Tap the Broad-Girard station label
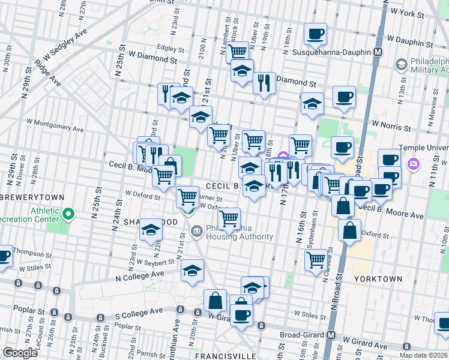tap(303, 335)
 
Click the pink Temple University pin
tap(412, 164)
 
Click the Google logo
tap(20, 353)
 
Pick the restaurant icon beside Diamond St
tap(264, 82)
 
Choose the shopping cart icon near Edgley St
tap(238, 52)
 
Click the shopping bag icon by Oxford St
tap(349, 229)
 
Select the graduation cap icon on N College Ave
tap(192, 271)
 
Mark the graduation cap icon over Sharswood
tap(151, 230)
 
